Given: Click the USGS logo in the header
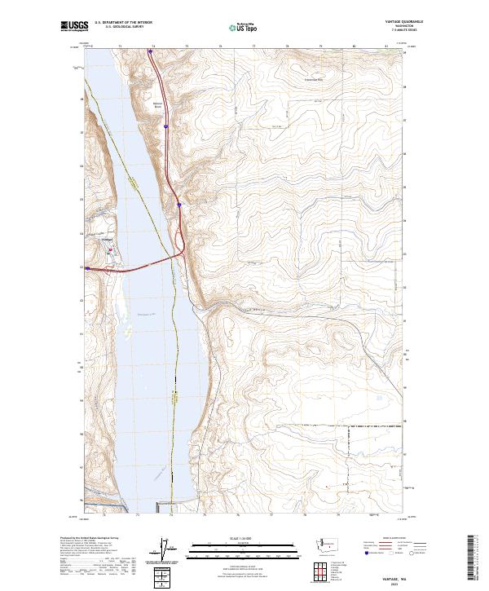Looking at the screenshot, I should (74, 26).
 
